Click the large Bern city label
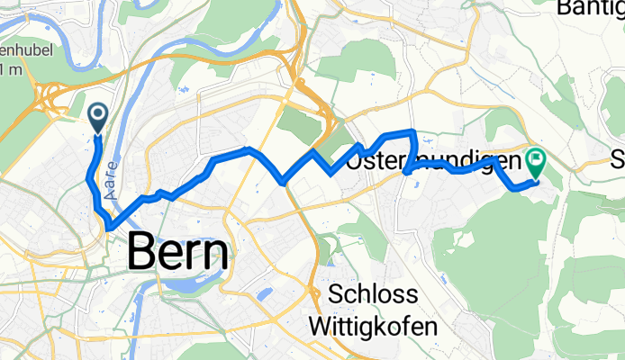pos(178,253)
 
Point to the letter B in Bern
pos(142,253)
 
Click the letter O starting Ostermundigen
pos(355,163)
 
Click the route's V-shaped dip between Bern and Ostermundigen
pos(285,181)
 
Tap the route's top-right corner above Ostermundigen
pos(412,133)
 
